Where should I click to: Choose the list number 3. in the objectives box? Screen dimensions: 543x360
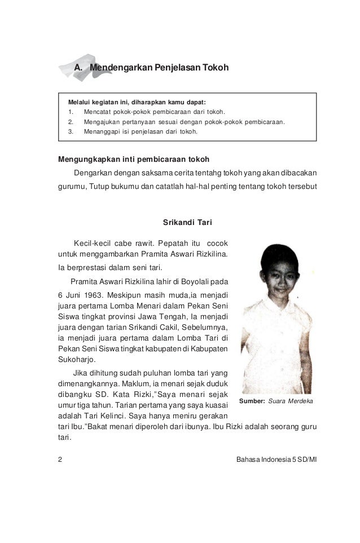tap(71, 131)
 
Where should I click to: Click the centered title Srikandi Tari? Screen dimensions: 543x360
tap(187, 222)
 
